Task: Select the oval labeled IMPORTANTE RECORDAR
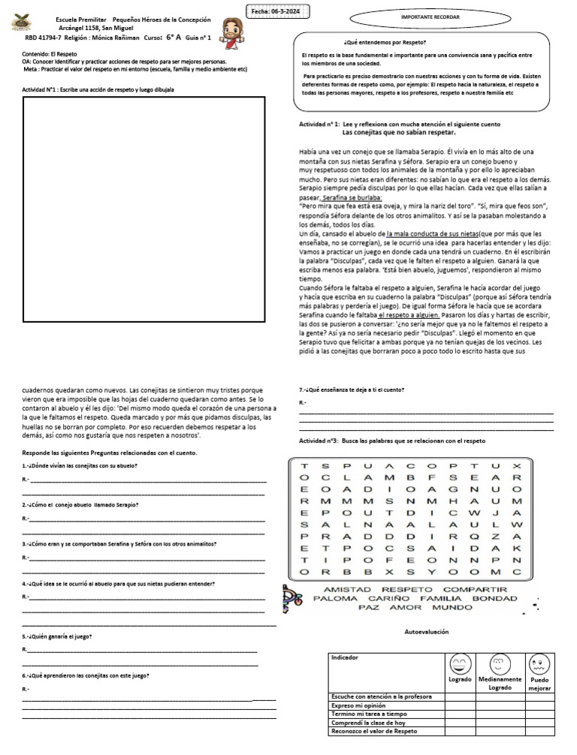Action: [419, 16]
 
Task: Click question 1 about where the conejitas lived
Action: [80, 466]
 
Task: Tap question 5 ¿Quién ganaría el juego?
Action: [58, 636]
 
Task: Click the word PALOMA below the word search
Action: [335, 599]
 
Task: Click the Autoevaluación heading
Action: [426, 632]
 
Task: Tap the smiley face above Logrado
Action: [460, 664]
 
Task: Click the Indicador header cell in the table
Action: [345, 658]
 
